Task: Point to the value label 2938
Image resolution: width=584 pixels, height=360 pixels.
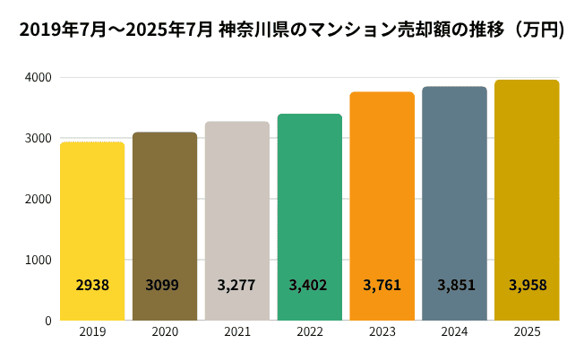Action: click(92, 286)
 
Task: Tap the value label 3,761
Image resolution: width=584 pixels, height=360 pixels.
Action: click(382, 286)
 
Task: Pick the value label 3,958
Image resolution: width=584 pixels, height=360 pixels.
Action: click(528, 286)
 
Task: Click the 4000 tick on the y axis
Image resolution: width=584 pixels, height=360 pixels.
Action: click(39, 78)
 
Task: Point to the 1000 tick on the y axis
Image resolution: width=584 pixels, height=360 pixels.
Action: click(39, 260)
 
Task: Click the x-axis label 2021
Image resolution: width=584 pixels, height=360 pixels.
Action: click(236, 333)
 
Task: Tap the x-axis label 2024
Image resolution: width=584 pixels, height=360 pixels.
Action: click(454, 333)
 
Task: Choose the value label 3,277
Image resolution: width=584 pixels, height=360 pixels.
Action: click(236, 286)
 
